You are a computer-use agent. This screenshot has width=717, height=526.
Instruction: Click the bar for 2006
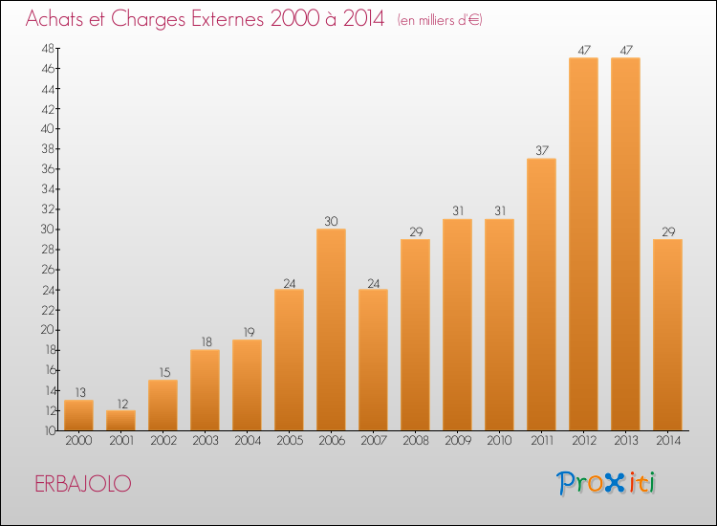pyautogui.click(x=331, y=329)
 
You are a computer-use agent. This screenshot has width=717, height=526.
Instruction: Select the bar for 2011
pyautogui.click(x=541, y=295)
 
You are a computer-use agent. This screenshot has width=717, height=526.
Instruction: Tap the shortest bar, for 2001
pyautogui.click(x=120, y=421)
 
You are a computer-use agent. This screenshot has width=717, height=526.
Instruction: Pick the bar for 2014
pyautogui.click(x=667, y=335)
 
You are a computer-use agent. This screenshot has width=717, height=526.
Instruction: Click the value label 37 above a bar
pyautogui.click(x=542, y=150)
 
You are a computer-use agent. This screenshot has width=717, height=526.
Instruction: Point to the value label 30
pyautogui.click(x=331, y=221)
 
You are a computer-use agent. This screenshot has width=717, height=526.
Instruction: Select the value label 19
pyautogui.click(x=249, y=332)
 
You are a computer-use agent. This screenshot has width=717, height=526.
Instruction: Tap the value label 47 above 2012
pyautogui.click(x=584, y=50)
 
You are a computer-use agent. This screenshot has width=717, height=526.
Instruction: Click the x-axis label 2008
pyautogui.click(x=416, y=441)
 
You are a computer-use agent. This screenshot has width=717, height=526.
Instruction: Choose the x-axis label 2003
pyautogui.click(x=206, y=441)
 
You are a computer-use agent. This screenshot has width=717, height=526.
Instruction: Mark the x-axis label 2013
pyautogui.click(x=626, y=441)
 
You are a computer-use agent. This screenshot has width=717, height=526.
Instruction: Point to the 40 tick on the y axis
pyautogui.click(x=48, y=128)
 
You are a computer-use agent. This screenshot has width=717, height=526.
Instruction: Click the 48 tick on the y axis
pyautogui.click(x=48, y=48)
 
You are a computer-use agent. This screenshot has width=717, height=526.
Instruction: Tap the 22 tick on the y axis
pyautogui.click(x=48, y=310)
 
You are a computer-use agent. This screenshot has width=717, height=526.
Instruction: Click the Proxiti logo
pyautogui.click(x=606, y=483)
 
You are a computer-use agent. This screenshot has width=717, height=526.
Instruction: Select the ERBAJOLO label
pyautogui.click(x=83, y=484)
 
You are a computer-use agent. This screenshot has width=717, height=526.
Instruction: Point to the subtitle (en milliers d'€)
pyautogui.click(x=440, y=20)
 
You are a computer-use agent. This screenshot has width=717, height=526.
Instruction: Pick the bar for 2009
pyautogui.click(x=457, y=325)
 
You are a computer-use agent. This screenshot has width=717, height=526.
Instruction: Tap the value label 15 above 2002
pyautogui.click(x=165, y=372)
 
